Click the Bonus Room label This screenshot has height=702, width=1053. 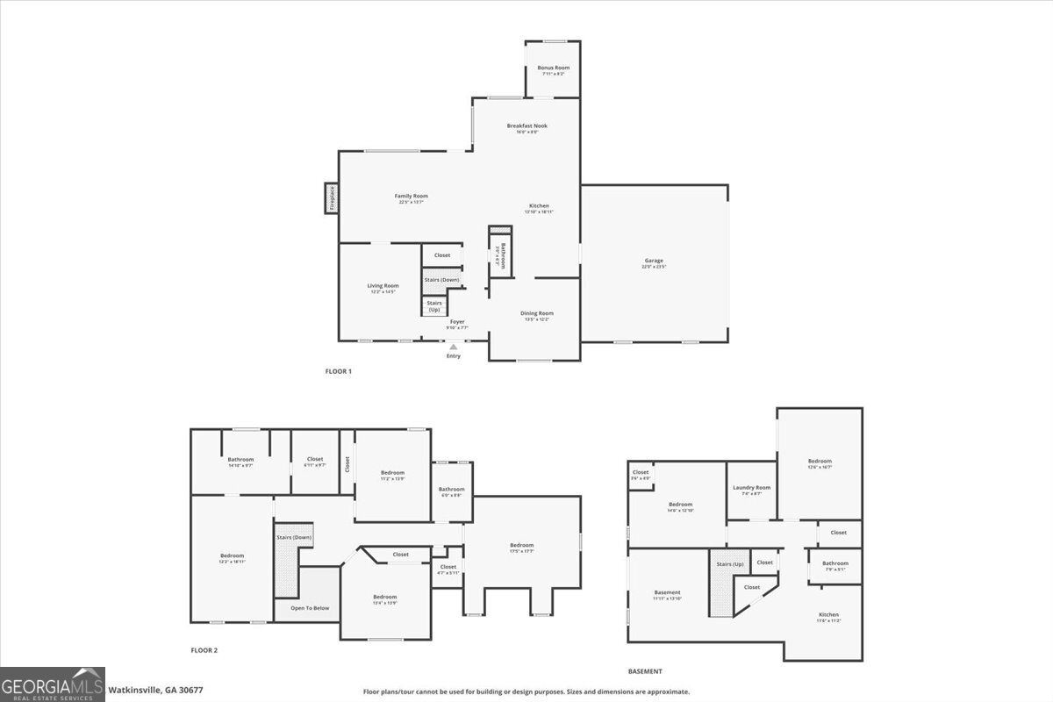[x=553, y=68]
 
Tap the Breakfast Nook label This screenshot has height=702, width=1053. [x=527, y=125]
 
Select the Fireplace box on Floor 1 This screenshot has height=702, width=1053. [x=332, y=197]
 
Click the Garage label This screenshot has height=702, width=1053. [x=654, y=261]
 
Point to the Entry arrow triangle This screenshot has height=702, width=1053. [x=453, y=347]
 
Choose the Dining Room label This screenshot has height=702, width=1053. [x=538, y=313]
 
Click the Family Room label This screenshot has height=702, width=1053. [x=411, y=196]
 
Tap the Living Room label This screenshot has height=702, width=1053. [x=383, y=285]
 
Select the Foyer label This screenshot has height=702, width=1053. [x=457, y=322]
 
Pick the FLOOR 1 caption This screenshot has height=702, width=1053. [x=338, y=371]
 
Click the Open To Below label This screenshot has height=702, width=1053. [x=310, y=607]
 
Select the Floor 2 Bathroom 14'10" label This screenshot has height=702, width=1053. [x=240, y=460]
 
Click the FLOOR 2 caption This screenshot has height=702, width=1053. [x=204, y=650]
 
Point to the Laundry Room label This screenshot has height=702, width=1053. [x=751, y=487]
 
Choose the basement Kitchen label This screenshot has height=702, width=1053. [x=828, y=614]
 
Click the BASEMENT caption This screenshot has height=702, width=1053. [x=645, y=671]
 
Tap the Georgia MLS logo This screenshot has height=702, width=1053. [x=53, y=684]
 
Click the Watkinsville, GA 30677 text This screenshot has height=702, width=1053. [x=155, y=690]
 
